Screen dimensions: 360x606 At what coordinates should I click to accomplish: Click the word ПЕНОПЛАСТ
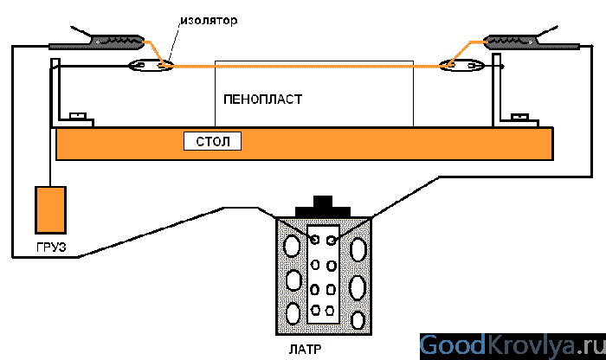coord(262,100)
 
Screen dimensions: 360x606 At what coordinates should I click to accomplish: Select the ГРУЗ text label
coord(51,249)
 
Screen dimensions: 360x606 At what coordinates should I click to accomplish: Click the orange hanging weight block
coord(50,209)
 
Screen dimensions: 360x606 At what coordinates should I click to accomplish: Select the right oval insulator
coord(458,65)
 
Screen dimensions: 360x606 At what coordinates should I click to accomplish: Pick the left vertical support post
coord(55,91)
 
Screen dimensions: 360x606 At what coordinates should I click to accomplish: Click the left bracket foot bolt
coord(77,114)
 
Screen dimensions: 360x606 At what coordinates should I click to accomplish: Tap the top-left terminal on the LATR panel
coord(315,239)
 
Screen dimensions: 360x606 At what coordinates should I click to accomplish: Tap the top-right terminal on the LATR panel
coord(332,239)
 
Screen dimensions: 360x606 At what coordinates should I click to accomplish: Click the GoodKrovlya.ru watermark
coord(512,345)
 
